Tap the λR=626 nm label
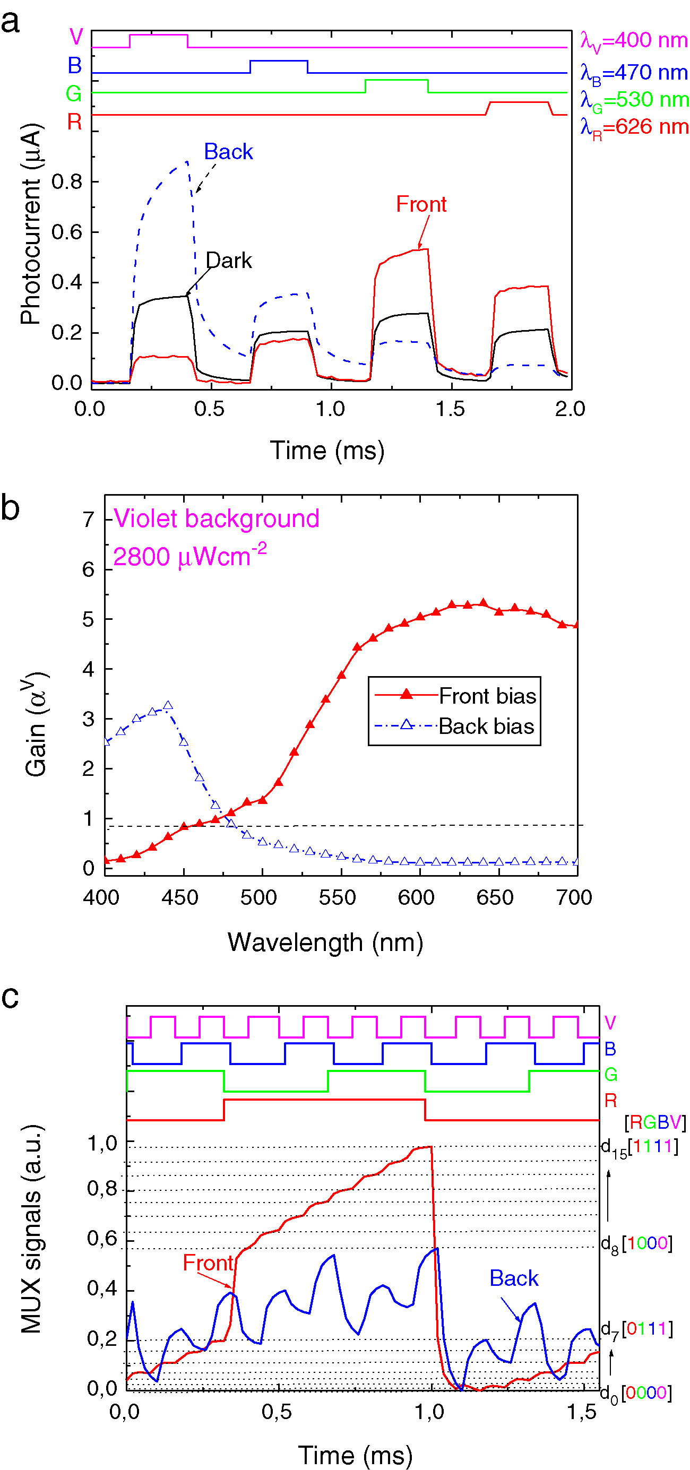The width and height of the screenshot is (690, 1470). pos(634,127)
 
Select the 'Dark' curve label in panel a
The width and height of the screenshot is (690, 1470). pos(228,261)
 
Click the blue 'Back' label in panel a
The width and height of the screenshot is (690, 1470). pos(228,152)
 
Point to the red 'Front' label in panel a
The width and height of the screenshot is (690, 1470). pos(421,204)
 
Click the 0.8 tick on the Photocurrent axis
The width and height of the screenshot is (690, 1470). pos(67,182)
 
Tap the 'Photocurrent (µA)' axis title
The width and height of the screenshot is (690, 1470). pos(31,224)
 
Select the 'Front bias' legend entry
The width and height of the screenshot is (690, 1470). pos(487,696)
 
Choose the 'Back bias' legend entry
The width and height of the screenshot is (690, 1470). pos(486,727)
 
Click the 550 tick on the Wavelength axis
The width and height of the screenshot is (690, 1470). pos(337,897)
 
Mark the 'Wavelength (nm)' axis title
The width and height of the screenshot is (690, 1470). pos(325,942)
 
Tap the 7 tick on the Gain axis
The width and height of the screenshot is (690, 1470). pos(89,520)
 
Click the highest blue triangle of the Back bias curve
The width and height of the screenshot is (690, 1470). pos(168,706)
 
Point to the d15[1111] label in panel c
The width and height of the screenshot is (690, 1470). pos(639,1147)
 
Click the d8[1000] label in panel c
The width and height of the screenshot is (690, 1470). pos(636,1243)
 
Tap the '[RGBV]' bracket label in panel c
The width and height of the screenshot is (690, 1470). pos(654,1123)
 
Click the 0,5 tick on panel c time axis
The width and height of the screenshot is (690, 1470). pos(277,1412)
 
